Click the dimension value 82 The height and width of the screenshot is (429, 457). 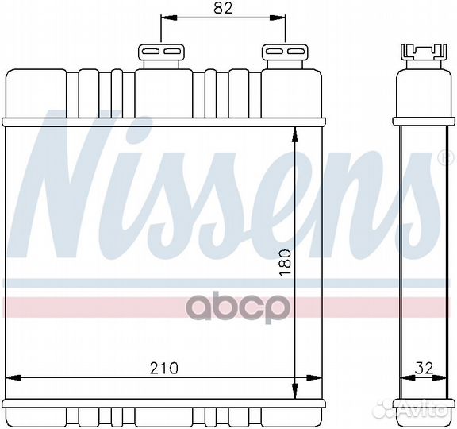pos(224,9)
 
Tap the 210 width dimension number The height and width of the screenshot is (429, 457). pos(163,368)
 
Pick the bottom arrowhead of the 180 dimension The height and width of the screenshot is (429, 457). pos(295,393)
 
